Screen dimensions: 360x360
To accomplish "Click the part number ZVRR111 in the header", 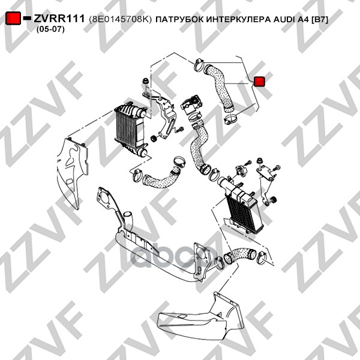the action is pos(59,19).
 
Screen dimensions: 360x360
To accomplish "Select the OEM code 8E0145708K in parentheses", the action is pos(121,20).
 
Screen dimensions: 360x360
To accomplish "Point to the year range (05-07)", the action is pos(50,29).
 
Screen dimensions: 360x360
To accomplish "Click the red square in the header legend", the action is pos(13,19).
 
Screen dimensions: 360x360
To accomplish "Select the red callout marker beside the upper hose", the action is pos(259,82).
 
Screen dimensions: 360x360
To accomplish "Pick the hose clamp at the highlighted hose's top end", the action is pos(199,65).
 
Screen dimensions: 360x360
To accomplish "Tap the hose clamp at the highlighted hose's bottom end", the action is pos(231,119).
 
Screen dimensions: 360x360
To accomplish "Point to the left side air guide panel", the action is pos(73,169).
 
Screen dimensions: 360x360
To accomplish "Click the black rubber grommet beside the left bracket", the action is pos(155,138).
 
